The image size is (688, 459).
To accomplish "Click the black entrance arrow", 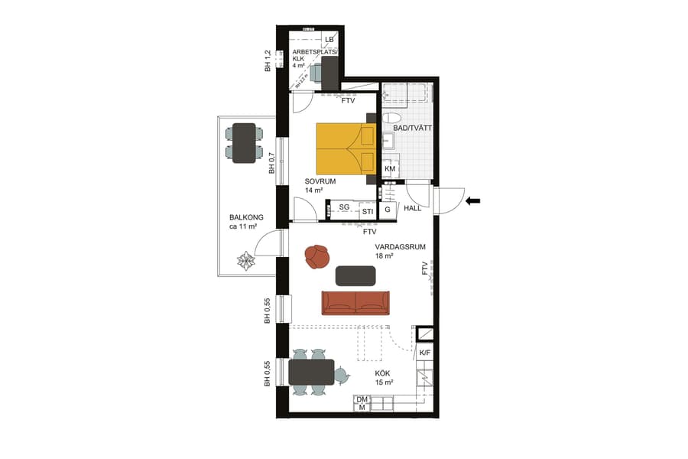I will point(473,201).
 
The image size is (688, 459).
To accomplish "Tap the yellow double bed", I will point(346,148).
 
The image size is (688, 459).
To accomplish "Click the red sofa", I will point(355,302).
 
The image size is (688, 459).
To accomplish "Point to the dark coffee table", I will point(355,275).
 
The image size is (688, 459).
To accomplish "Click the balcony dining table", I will point(245,143).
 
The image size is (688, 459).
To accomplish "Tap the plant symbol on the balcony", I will point(245,261).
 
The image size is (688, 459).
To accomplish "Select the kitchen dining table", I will point(311,373).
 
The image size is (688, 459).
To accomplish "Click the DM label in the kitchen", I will point(362,399).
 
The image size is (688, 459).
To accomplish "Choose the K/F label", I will point(425,352).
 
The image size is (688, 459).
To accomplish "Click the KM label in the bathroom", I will point(390,169).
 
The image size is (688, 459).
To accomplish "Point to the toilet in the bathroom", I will point(391,119).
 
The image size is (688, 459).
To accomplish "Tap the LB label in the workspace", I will point(329,39).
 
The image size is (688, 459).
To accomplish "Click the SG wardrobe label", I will point(344,207).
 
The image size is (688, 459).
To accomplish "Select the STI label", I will point(368,211).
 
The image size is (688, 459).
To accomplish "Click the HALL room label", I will point(413,208).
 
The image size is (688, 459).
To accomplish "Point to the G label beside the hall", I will point(388,210).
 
